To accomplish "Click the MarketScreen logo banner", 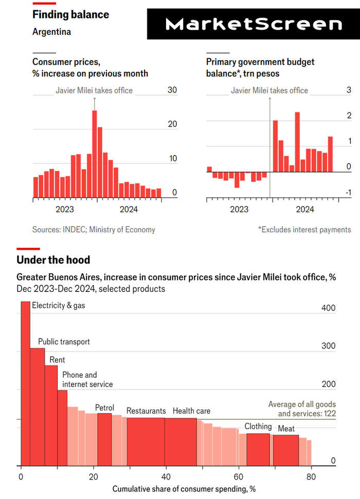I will [254, 24].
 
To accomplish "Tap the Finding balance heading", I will [70, 14].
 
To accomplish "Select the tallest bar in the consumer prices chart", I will [95, 154].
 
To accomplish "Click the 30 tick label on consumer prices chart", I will [172, 90].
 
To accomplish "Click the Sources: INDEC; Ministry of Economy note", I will [94, 230].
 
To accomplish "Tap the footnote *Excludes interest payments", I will [304, 230].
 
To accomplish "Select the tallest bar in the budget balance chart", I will [297, 142].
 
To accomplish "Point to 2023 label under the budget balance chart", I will [239, 209].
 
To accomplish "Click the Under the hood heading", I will [53, 260].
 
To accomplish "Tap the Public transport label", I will [64, 342].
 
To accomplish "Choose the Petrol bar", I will [104, 439].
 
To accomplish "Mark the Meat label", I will [286, 429].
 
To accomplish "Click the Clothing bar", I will [258, 450].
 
